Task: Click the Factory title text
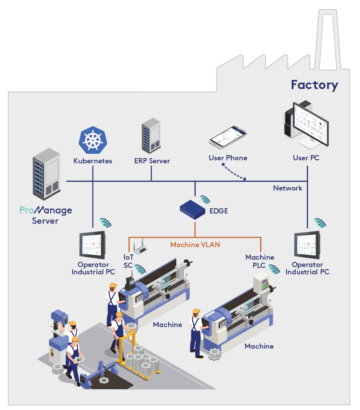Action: point(314,85)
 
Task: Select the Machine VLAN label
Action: point(195,245)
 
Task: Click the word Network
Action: point(287,188)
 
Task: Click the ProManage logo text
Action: point(45,211)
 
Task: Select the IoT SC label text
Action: point(128,261)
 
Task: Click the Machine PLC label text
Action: point(259,261)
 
